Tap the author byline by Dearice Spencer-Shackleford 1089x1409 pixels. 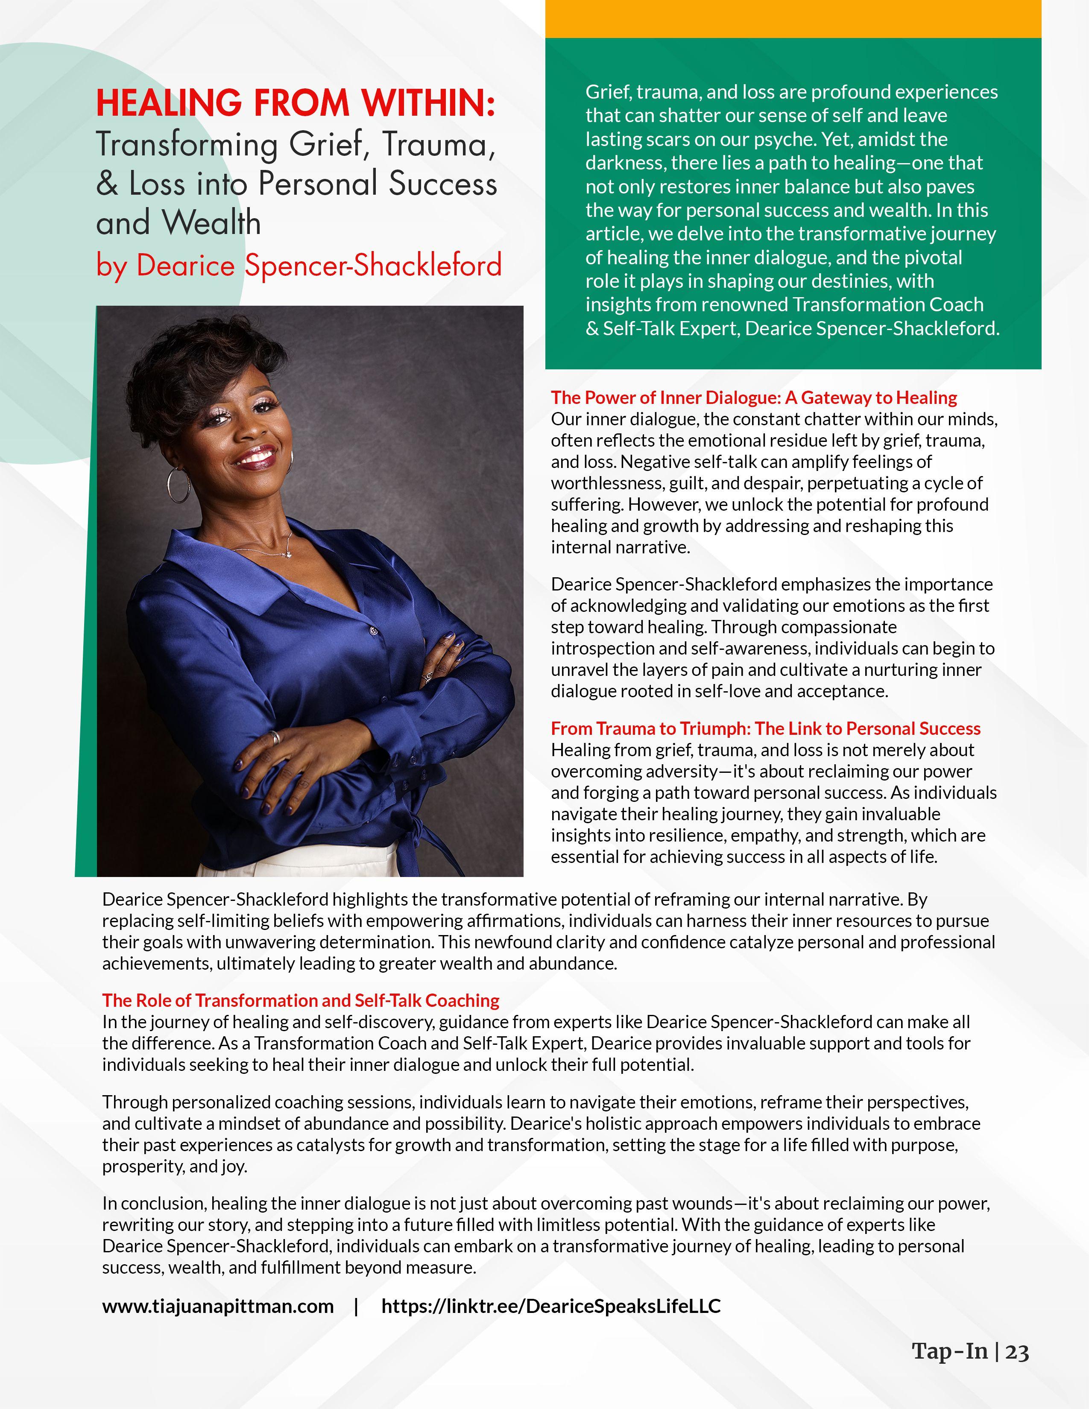tap(299, 265)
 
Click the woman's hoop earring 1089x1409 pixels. tap(179, 485)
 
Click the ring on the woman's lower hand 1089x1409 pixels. tap(275, 737)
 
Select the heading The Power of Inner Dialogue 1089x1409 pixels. tap(753, 398)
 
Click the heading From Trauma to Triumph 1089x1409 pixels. tap(765, 728)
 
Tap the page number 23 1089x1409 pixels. tap(1017, 1352)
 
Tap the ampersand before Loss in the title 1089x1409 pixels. tap(107, 184)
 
